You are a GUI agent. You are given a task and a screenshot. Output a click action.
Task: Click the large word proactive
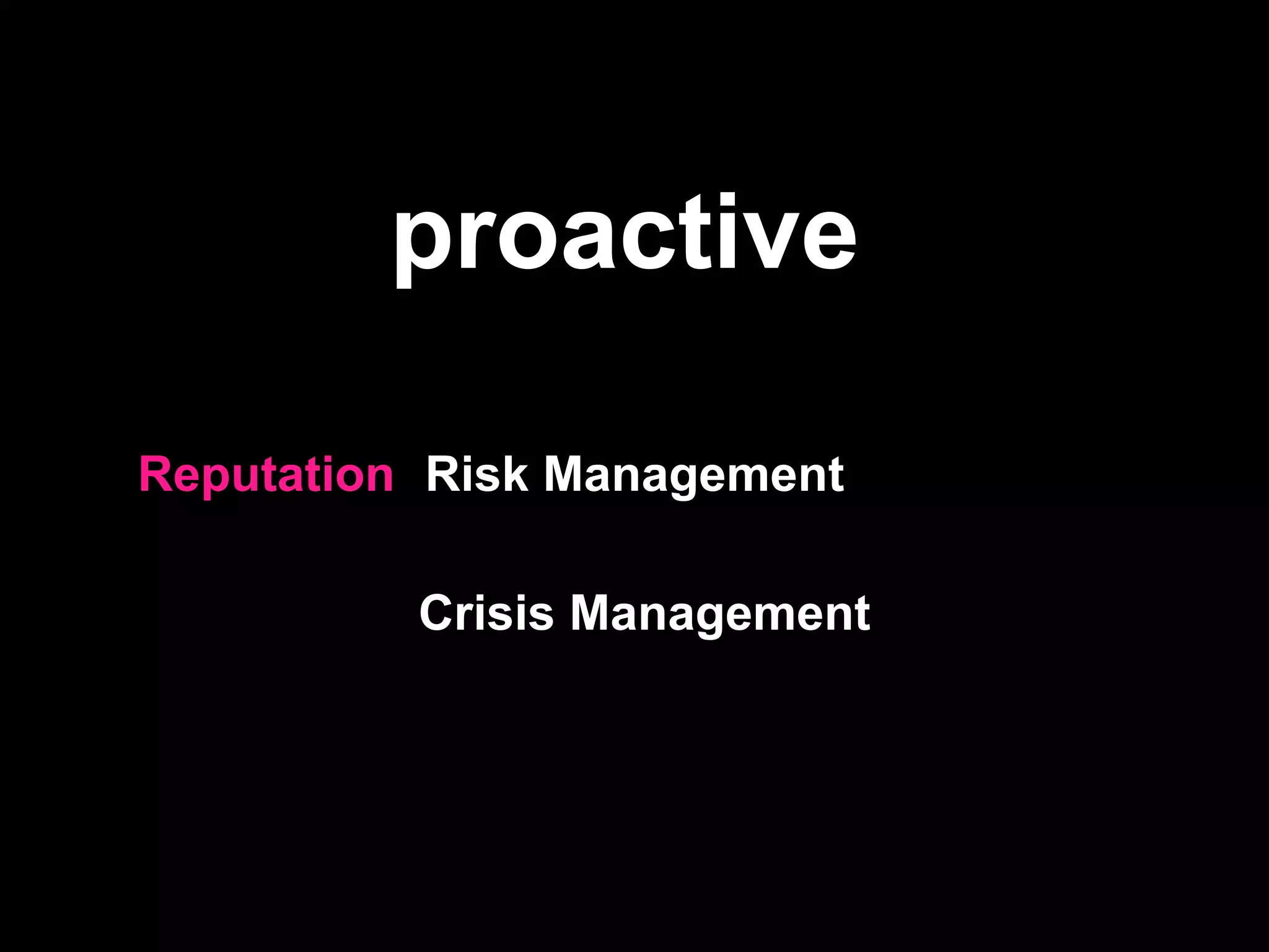626,236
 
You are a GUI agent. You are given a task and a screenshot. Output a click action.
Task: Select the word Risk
476,474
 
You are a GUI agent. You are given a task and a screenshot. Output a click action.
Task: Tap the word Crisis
486,612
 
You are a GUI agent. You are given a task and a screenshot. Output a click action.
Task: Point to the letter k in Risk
516,474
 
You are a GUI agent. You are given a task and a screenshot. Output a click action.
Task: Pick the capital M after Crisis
592,612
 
